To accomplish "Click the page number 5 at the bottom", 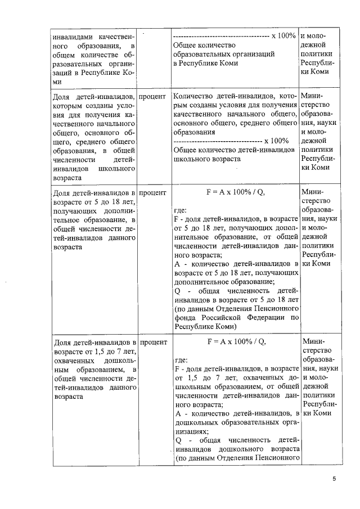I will [x=334, y=479].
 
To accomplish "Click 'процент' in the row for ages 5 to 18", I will [x=152, y=193].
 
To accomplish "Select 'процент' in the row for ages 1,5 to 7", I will [x=152, y=342].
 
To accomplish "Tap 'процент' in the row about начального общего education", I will [x=152, y=96].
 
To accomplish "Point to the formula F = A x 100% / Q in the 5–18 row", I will [x=236, y=192].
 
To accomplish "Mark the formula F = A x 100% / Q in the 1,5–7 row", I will [x=236, y=341].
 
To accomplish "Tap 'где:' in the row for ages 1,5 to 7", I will [x=182, y=361].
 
